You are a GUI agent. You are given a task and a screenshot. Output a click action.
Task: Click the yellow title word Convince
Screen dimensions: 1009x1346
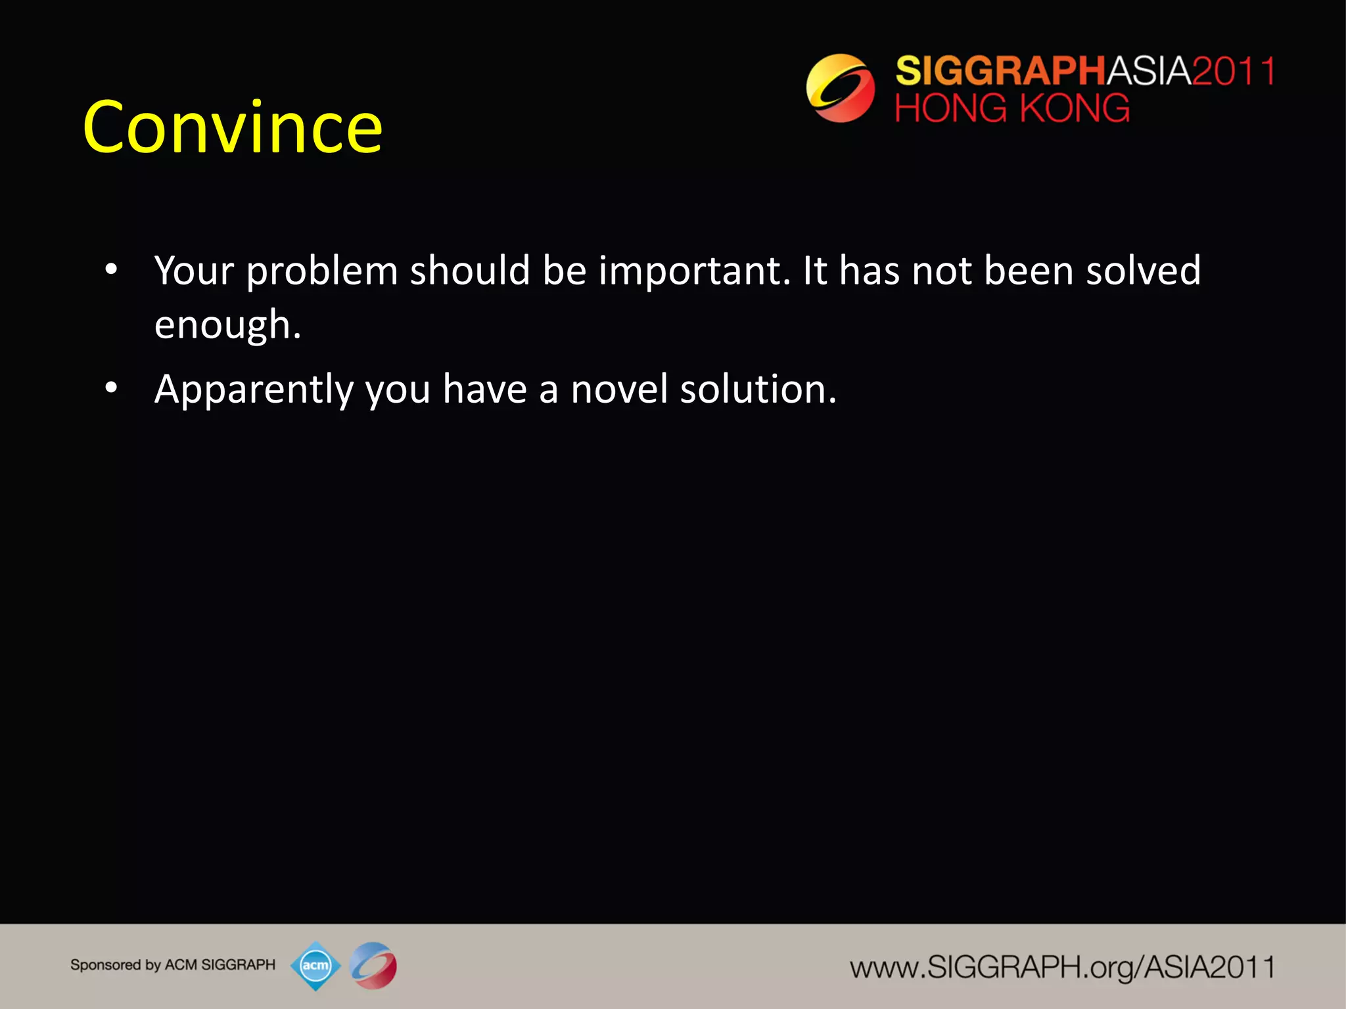click(x=232, y=128)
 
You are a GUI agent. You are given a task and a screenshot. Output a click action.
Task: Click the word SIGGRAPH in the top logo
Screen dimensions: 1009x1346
click(x=1000, y=71)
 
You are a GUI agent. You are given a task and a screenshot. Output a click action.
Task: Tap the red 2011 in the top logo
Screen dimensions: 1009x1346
click(x=1234, y=71)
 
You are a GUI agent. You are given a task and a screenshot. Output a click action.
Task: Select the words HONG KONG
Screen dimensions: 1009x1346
click(x=1012, y=108)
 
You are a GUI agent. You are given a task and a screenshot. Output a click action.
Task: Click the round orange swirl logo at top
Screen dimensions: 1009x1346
click(x=840, y=88)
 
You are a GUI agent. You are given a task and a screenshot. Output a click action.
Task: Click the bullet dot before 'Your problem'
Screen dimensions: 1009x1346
click(x=111, y=269)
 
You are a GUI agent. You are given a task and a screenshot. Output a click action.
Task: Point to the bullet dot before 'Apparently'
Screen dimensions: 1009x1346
click(x=111, y=388)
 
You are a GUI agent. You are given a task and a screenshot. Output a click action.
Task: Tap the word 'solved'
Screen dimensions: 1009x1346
click(x=1143, y=271)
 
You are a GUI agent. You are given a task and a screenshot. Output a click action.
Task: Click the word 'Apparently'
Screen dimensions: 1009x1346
click(x=254, y=390)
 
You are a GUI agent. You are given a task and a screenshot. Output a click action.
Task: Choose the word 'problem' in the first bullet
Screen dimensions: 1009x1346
click(x=322, y=272)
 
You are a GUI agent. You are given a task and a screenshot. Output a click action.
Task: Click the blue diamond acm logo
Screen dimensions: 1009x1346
click(x=315, y=966)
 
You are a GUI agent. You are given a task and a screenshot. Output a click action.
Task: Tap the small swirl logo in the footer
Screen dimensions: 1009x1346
click(x=373, y=966)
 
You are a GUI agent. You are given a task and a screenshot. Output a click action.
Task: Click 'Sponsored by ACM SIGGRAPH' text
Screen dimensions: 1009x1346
click(x=173, y=965)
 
